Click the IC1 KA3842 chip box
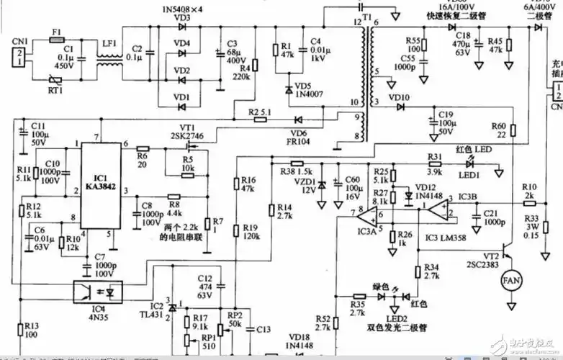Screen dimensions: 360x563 point(101,184)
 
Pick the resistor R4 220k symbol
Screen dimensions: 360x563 point(254,66)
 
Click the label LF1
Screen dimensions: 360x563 point(109,43)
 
